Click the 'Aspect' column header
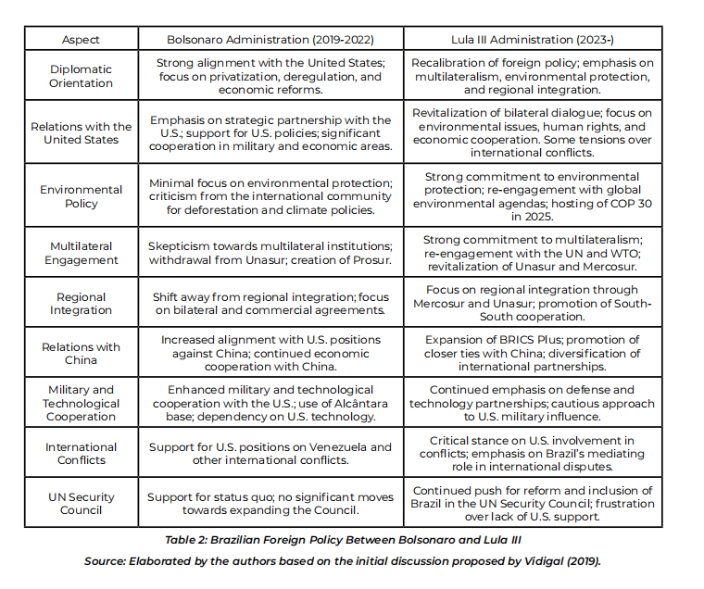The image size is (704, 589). tap(81, 40)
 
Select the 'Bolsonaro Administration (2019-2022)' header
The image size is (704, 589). tap(270, 40)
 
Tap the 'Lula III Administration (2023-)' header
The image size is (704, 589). tap(533, 40)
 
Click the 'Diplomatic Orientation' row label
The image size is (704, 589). tap(81, 76)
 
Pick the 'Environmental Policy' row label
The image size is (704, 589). tap(81, 196)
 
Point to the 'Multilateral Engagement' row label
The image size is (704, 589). tap(81, 254)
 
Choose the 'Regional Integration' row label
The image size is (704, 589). tap(81, 304)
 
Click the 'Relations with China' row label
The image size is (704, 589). tap(81, 354)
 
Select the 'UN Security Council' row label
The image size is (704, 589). tap(81, 504)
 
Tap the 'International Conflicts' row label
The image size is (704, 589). tap(81, 454)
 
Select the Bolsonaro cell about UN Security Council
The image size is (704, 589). tap(270, 504)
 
